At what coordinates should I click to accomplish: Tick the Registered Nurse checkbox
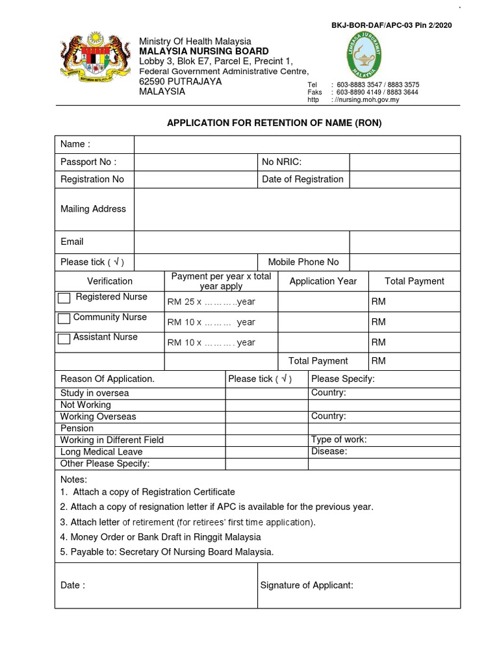click(x=64, y=298)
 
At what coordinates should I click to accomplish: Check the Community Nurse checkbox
click(x=64, y=318)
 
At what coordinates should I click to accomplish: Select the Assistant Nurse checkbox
click(x=64, y=338)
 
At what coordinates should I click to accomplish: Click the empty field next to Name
click(x=297, y=144)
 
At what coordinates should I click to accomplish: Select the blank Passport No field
click(x=195, y=162)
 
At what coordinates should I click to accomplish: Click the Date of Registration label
click(x=302, y=179)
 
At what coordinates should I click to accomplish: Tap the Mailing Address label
click(x=93, y=209)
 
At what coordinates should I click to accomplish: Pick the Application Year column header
click(x=323, y=281)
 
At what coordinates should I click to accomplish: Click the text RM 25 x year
click(x=211, y=302)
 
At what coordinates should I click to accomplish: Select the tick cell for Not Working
click(x=266, y=405)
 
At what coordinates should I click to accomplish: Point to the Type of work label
click(x=339, y=440)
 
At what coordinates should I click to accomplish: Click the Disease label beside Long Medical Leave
click(x=329, y=451)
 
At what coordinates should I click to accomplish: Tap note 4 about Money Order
click(x=160, y=537)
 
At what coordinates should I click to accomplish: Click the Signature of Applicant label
click(x=307, y=585)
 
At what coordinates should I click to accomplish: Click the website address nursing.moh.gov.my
click(x=367, y=100)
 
